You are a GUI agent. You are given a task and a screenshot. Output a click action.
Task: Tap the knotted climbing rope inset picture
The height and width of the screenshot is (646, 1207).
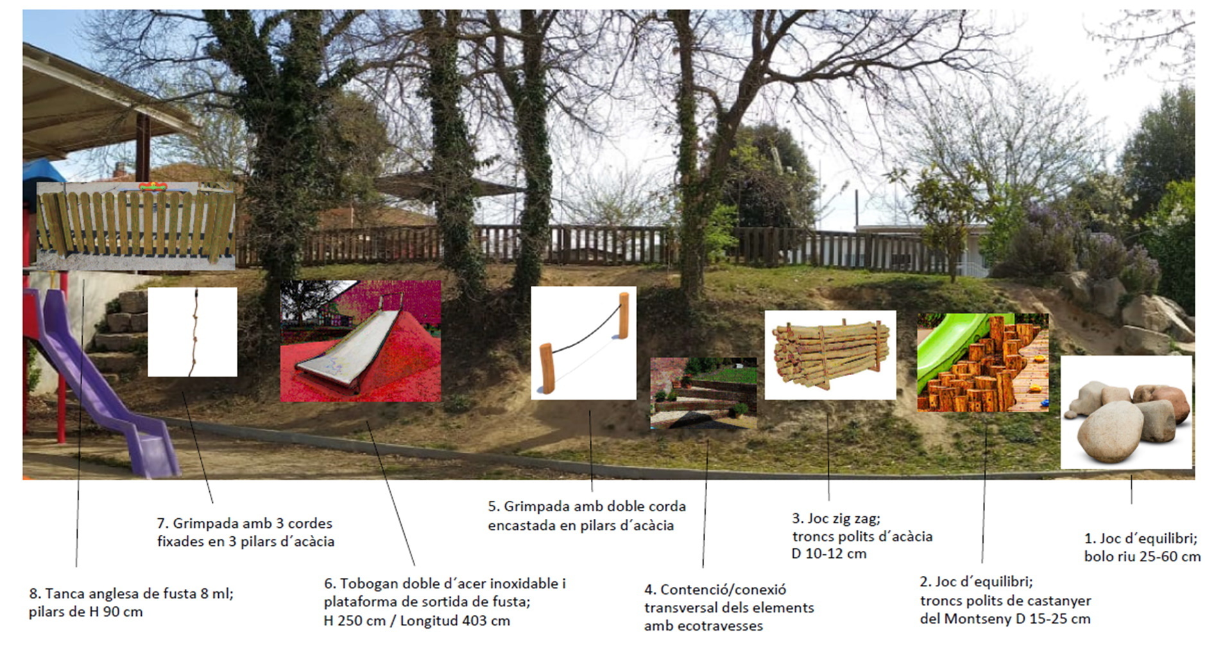(193, 332)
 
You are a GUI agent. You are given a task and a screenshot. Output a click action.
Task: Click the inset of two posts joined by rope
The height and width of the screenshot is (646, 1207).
(583, 343)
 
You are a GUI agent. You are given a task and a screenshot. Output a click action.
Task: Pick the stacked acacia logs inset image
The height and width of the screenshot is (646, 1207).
(830, 355)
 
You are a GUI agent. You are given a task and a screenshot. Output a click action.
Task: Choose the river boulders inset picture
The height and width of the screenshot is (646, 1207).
(1127, 412)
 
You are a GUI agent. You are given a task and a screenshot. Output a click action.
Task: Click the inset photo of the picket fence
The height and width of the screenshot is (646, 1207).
(135, 225)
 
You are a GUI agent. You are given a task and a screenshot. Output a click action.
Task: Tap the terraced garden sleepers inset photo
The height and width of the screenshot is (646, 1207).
(703, 394)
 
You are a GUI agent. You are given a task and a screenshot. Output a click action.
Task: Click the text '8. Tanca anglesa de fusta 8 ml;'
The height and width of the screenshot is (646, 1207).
(132, 593)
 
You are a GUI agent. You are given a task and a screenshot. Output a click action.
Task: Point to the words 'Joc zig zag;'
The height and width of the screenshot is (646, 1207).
(844, 518)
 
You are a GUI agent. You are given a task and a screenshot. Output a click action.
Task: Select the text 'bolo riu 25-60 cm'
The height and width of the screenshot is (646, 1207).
(1142, 557)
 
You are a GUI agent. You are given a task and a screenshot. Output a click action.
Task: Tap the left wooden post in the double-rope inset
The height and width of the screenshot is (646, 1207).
(546, 368)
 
